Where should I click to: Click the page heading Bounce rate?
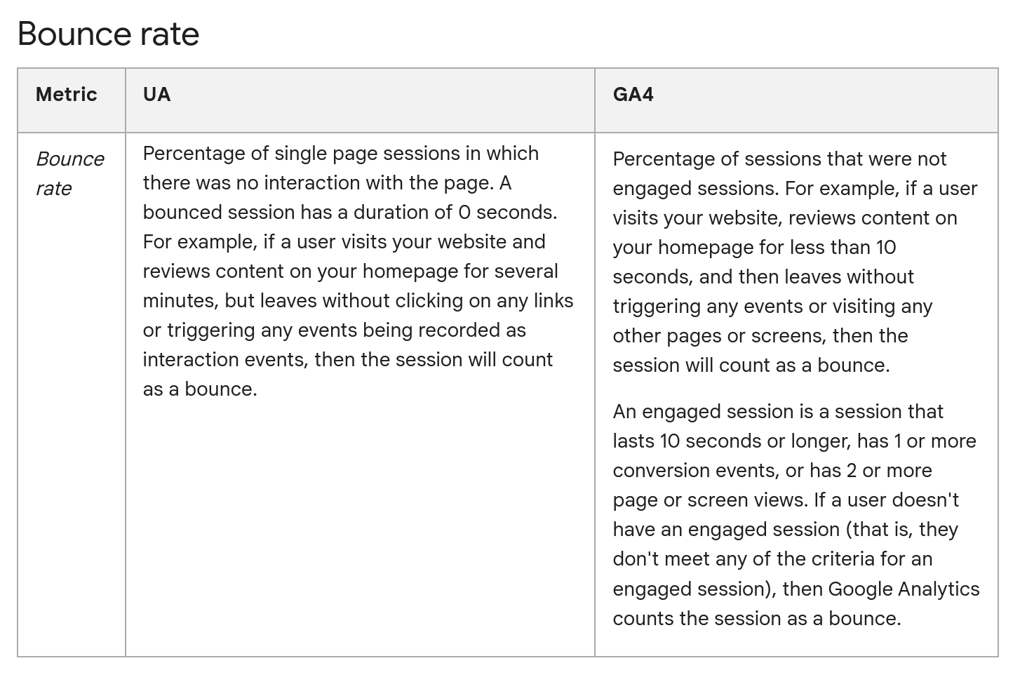(x=108, y=34)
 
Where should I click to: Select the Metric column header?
(x=67, y=95)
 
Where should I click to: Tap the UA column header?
(x=157, y=95)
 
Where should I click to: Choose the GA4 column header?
(x=633, y=95)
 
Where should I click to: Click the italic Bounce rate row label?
(x=70, y=174)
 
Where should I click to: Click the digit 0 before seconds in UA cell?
(x=464, y=213)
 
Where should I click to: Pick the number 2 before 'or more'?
(x=852, y=471)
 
